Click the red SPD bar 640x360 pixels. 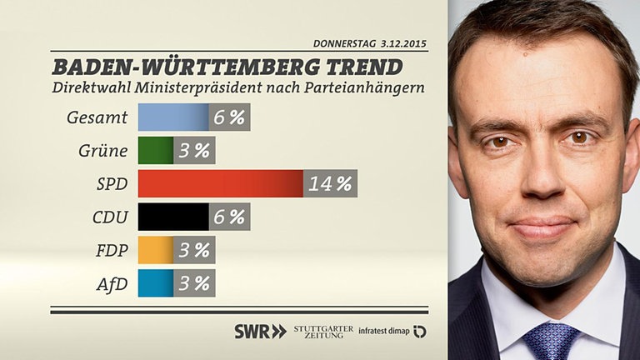pyautogui.click(x=220, y=183)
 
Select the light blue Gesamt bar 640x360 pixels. pyautogui.click(x=172, y=117)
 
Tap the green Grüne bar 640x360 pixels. pyautogui.click(x=155, y=151)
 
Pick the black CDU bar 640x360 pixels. pyautogui.click(x=172, y=217)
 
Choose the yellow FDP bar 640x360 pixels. pyautogui.click(x=155, y=250)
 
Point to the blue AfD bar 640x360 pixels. pyautogui.click(x=155, y=283)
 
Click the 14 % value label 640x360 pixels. pyautogui.click(x=330, y=183)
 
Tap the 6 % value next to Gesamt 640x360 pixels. pyautogui.click(x=229, y=117)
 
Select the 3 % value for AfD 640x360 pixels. pyautogui.click(x=194, y=283)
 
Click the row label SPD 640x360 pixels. pyautogui.click(x=112, y=184)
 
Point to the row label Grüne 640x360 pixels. pyautogui.click(x=104, y=151)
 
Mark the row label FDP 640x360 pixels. pyautogui.click(x=111, y=250)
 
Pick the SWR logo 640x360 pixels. pyautogui.click(x=260, y=331)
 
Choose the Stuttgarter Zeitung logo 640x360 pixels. pyautogui.click(x=323, y=331)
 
